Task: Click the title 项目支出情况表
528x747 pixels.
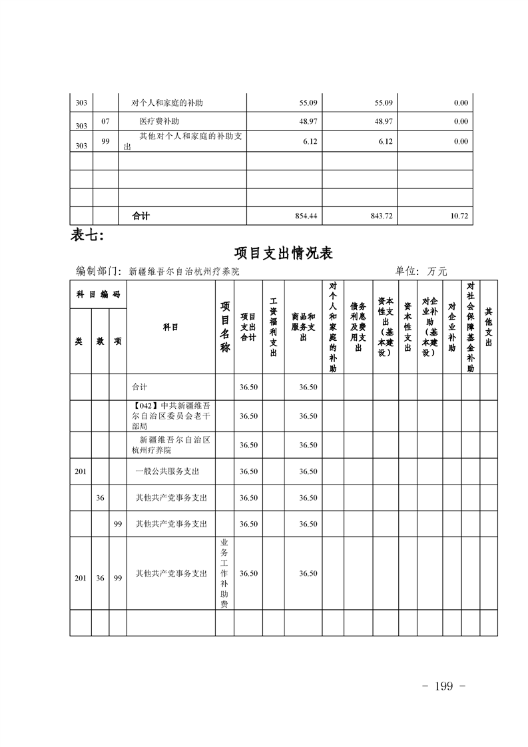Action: point(284,253)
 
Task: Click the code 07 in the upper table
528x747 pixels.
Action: point(105,122)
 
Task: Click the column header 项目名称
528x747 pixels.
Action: point(225,327)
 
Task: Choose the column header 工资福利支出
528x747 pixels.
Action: point(273,327)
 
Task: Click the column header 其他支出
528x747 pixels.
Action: point(489,327)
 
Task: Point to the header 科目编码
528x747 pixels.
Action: point(98,294)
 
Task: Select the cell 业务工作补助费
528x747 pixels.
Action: point(224,574)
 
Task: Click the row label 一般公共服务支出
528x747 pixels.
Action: point(166,471)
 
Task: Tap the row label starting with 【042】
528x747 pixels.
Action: point(171,415)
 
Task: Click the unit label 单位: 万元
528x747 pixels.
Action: point(421,272)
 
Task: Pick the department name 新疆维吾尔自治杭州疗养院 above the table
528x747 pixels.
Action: point(183,272)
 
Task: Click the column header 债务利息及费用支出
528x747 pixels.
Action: point(358,327)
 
